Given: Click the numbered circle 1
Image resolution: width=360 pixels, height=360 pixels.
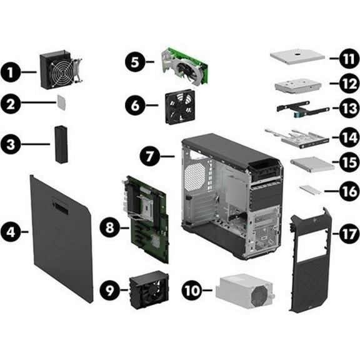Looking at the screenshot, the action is click(x=11, y=72).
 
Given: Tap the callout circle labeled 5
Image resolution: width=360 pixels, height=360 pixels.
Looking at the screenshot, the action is click(x=135, y=62).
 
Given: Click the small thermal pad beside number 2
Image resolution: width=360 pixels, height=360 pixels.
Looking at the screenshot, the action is click(x=61, y=102).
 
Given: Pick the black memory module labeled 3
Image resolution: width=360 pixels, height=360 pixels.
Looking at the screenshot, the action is click(x=61, y=144).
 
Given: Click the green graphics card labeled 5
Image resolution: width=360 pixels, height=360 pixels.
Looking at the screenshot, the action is click(x=185, y=67).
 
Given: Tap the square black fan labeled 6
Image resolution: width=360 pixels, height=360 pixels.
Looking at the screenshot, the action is click(x=180, y=106).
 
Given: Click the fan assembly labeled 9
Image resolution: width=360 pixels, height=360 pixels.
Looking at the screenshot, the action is click(x=149, y=289).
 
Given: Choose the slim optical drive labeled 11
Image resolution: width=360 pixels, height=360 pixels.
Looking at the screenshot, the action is click(x=297, y=56).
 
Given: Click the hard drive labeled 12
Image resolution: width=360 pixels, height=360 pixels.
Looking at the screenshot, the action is click(x=298, y=86).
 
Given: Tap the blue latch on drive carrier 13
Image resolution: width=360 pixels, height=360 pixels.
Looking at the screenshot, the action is click(x=297, y=114).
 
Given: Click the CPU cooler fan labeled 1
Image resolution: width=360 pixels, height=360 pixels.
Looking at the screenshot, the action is click(x=60, y=70).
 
